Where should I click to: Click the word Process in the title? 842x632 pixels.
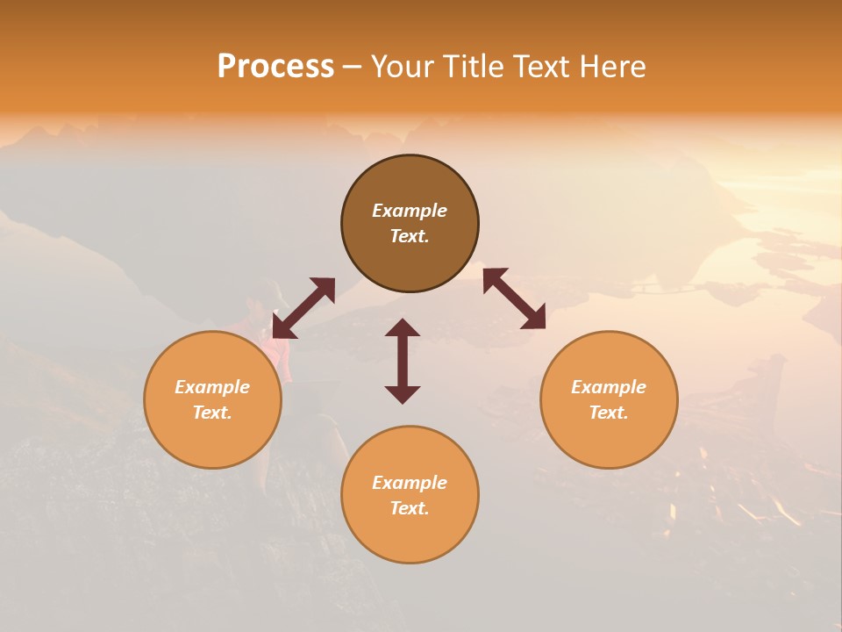pyautogui.click(x=275, y=67)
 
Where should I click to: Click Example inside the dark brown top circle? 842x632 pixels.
pyautogui.click(x=410, y=211)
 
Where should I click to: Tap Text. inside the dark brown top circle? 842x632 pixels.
pyautogui.click(x=410, y=236)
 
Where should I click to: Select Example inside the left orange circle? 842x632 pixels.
pyautogui.click(x=212, y=387)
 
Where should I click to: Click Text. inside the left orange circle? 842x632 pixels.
pyautogui.click(x=212, y=413)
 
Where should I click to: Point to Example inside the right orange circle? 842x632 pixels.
pyautogui.click(x=609, y=387)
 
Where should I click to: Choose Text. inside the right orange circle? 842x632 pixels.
pyautogui.click(x=609, y=413)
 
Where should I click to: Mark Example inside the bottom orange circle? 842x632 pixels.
pyautogui.click(x=410, y=483)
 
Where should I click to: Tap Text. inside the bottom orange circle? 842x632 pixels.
pyautogui.click(x=410, y=508)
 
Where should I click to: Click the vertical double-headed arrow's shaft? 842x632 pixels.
pyautogui.click(x=403, y=361)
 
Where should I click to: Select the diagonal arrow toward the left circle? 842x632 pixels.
pyautogui.click(x=303, y=308)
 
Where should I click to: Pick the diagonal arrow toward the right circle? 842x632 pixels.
pyautogui.click(x=514, y=298)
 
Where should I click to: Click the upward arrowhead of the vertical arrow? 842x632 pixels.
pyautogui.click(x=403, y=327)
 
